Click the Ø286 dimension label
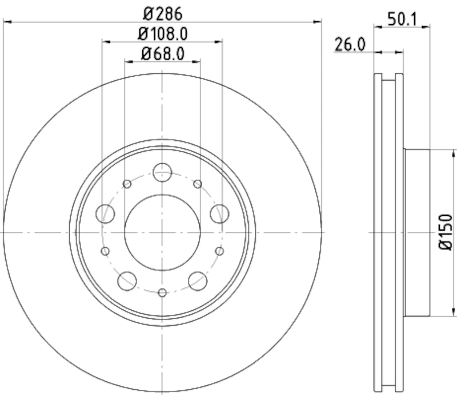click(x=162, y=12)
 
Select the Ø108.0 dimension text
click(x=162, y=33)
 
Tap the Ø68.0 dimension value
click(x=162, y=54)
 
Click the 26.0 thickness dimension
click(x=350, y=45)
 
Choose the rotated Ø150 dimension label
click(x=446, y=232)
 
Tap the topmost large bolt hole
click(x=162, y=171)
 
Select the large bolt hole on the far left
click(x=106, y=214)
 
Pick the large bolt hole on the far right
click(x=219, y=214)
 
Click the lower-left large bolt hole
click(x=127, y=281)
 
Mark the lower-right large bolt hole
click(x=198, y=281)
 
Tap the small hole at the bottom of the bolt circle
click(x=162, y=293)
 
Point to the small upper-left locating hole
click(x=127, y=184)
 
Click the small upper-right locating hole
click(x=198, y=184)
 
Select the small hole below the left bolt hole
click(x=105, y=251)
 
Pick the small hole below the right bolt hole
click(x=220, y=251)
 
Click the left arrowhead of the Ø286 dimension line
click(x=7, y=22)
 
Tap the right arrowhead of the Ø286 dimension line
click(x=318, y=22)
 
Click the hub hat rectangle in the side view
click(x=416, y=232)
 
